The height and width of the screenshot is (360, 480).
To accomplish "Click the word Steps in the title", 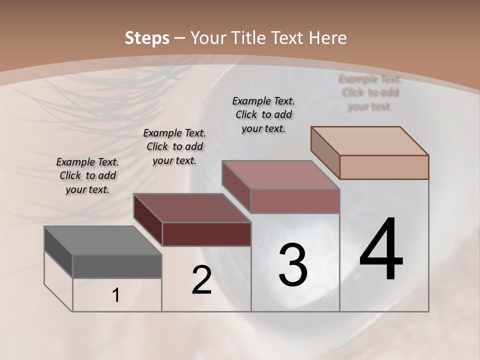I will pyautogui.click(x=147, y=38).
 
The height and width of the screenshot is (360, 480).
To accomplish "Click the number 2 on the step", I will pyautogui.click(x=201, y=280).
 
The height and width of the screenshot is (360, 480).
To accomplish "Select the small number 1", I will pyautogui.click(x=116, y=295).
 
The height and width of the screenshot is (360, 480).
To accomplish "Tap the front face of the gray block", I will pyautogui.click(x=117, y=266).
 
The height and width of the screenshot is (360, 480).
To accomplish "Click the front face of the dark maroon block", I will pyautogui.click(x=206, y=234).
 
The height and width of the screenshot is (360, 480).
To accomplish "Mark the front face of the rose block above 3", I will pyautogui.click(x=295, y=201).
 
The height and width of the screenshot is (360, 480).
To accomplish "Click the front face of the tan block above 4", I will pyautogui.click(x=384, y=167).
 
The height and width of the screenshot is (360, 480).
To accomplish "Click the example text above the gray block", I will pyautogui.click(x=87, y=175).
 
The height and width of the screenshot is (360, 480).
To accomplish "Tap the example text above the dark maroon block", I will pyautogui.click(x=174, y=146).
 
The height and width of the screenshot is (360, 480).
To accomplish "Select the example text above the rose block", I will pyautogui.click(x=263, y=114).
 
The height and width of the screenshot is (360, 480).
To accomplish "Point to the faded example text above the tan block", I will pyautogui.click(x=370, y=92).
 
